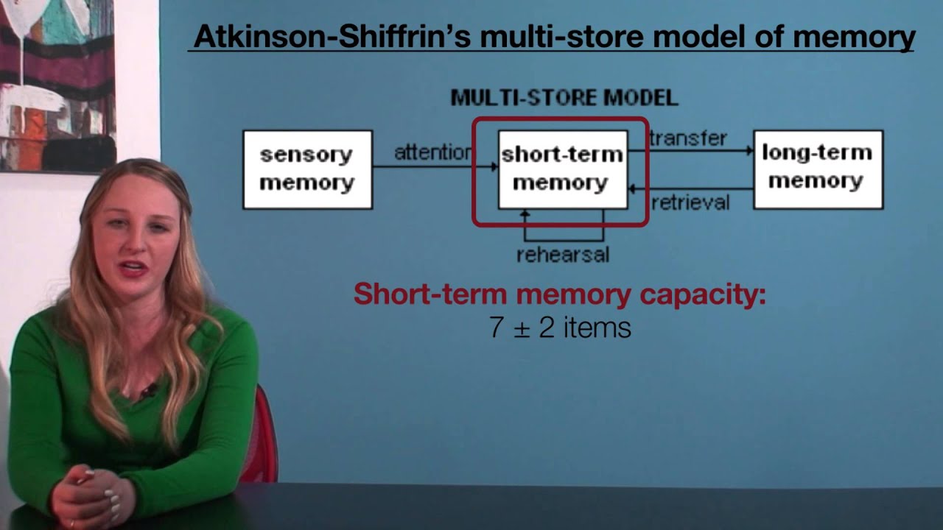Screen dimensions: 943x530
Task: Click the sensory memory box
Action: [307, 169]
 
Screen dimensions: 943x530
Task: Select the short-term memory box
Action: [562, 169]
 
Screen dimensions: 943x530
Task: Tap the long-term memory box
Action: [818, 169]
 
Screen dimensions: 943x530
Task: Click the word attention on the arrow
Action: [432, 153]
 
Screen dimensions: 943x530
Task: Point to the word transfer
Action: [688, 138]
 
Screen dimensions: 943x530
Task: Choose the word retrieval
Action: [690, 202]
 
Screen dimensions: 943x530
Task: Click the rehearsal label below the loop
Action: [563, 255]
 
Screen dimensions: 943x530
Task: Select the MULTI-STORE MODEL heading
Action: [564, 98]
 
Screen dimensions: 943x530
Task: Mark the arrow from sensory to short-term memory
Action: [435, 167]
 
